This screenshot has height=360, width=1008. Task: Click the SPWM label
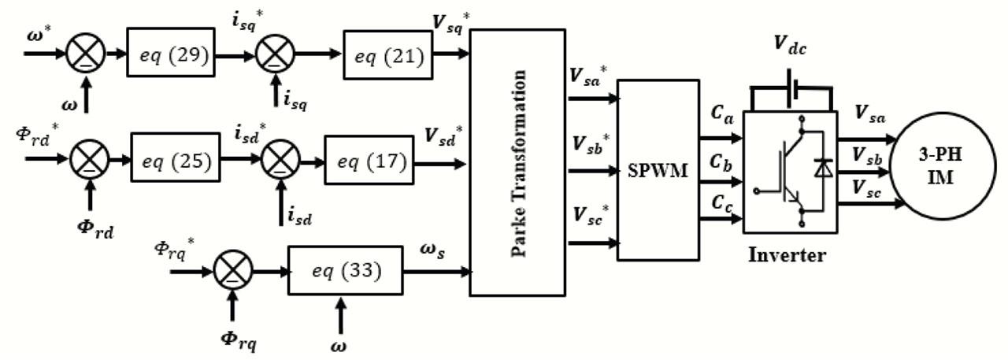click(x=658, y=169)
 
